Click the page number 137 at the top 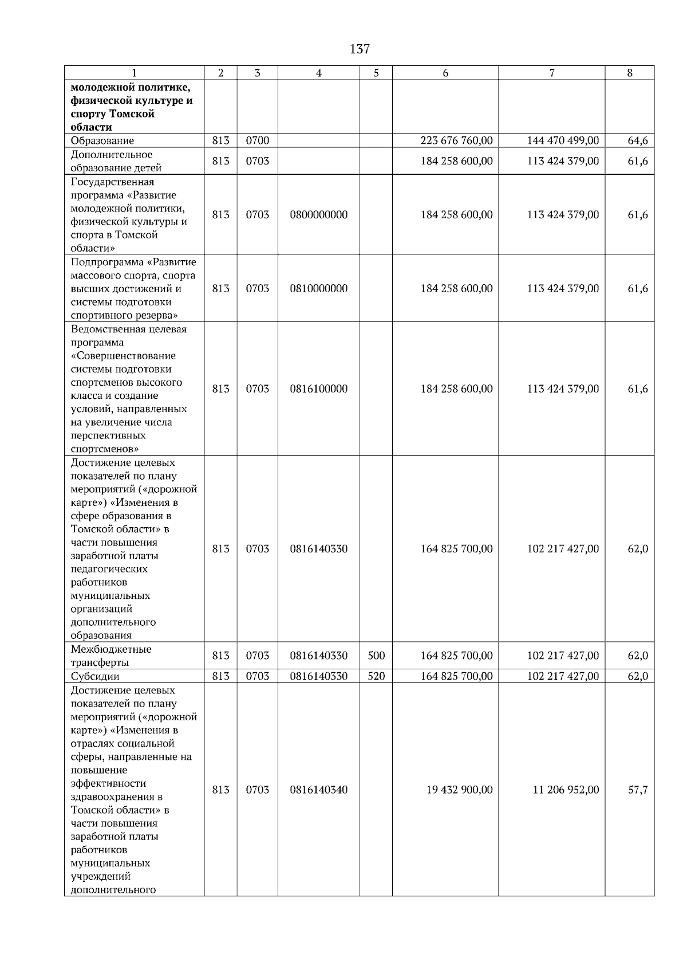tap(360, 49)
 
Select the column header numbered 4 tap(319, 73)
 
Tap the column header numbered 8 tap(630, 73)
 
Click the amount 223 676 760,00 tap(456, 141)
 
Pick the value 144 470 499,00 tap(563, 141)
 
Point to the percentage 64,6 tap(638, 141)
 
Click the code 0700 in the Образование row tap(258, 141)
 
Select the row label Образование tap(102, 141)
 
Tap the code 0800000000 tap(319, 215)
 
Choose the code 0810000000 tap(319, 289)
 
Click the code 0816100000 tap(319, 389)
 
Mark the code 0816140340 tap(319, 790)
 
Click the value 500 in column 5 tap(376, 656)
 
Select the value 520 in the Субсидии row tap(376, 677)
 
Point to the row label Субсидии tap(95, 677)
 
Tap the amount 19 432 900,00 tap(459, 790)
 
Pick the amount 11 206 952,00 tap(566, 790)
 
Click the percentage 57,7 tap(638, 790)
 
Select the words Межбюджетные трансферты tap(111, 656)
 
